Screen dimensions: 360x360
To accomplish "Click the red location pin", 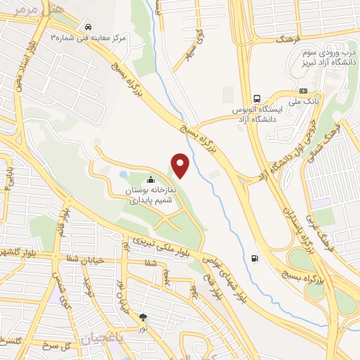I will [x=181, y=165].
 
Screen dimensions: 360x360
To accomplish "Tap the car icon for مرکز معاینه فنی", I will [x=86, y=25].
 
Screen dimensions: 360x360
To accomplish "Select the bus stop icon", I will [x=257, y=99].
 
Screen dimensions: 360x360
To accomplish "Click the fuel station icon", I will [x=255, y=257].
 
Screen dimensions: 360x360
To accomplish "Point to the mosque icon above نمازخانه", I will [x=151, y=180].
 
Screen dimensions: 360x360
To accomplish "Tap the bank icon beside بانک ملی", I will [x=303, y=90].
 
